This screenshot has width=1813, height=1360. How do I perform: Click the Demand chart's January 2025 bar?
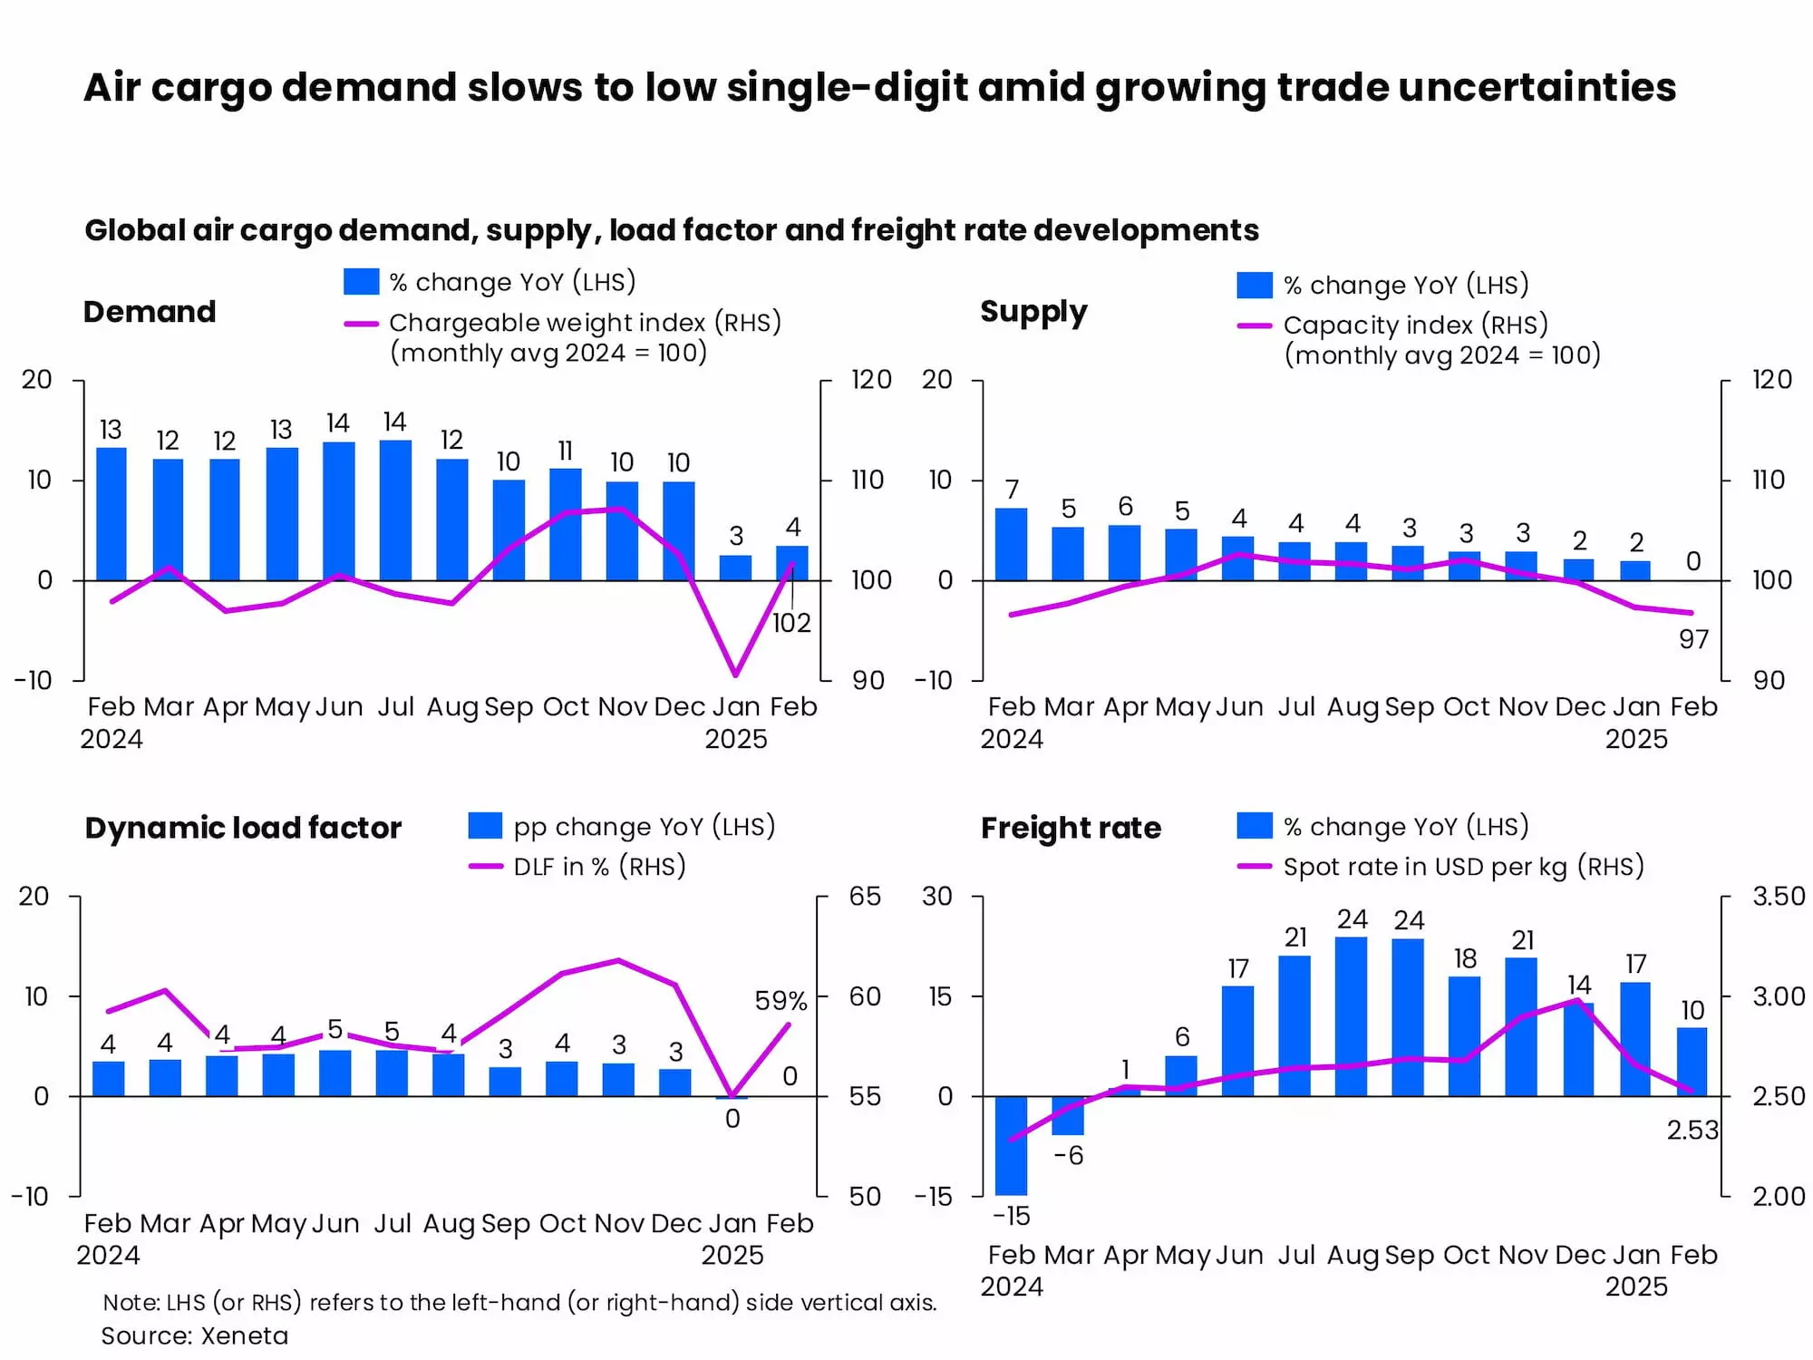tap(735, 568)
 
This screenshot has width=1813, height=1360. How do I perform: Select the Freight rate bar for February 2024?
tap(1011, 1144)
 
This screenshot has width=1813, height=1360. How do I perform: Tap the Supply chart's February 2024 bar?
tap(1011, 544)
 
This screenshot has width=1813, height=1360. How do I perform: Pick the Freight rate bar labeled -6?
tap(1068, 1115)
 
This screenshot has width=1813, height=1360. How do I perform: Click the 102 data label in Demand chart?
tap(791, 623)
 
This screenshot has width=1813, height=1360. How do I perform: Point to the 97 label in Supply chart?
tap(1693, 640)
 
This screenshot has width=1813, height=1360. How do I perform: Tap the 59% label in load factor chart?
tap(780, 1001)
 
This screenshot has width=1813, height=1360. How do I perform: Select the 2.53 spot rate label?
tap(1692, 1130)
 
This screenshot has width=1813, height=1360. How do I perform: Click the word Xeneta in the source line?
tap(244, 1336)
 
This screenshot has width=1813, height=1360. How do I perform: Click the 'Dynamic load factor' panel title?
tap(243, 828)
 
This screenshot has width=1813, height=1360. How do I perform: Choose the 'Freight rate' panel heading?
tap(1071, 828)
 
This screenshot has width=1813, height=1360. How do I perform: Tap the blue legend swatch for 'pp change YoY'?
tap(485, 826)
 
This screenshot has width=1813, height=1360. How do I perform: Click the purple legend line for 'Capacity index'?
tap(1255, 325)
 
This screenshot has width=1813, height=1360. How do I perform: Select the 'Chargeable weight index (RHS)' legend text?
tap(585, 323)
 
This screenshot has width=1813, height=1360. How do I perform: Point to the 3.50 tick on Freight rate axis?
tap(1779, 897)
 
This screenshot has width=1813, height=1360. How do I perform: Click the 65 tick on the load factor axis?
tap(865, 897)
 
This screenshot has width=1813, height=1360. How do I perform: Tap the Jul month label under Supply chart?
tap(1296, 707)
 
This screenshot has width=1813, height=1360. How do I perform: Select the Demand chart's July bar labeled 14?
tap(395, 510)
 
